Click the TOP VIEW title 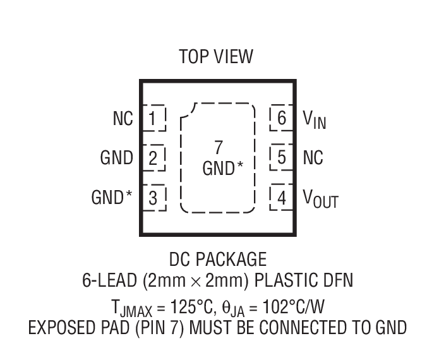(216, 57)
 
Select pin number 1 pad (153, 118)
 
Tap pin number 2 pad (153, 158)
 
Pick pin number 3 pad (153, 198)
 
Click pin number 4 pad (282, 198)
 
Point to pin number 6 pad (282, 117)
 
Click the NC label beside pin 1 (123, 119)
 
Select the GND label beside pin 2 (116, 158)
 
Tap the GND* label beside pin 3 (112, 198)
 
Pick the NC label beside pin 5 (313, 157)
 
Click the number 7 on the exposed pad (219, 148)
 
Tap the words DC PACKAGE (218, 259)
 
